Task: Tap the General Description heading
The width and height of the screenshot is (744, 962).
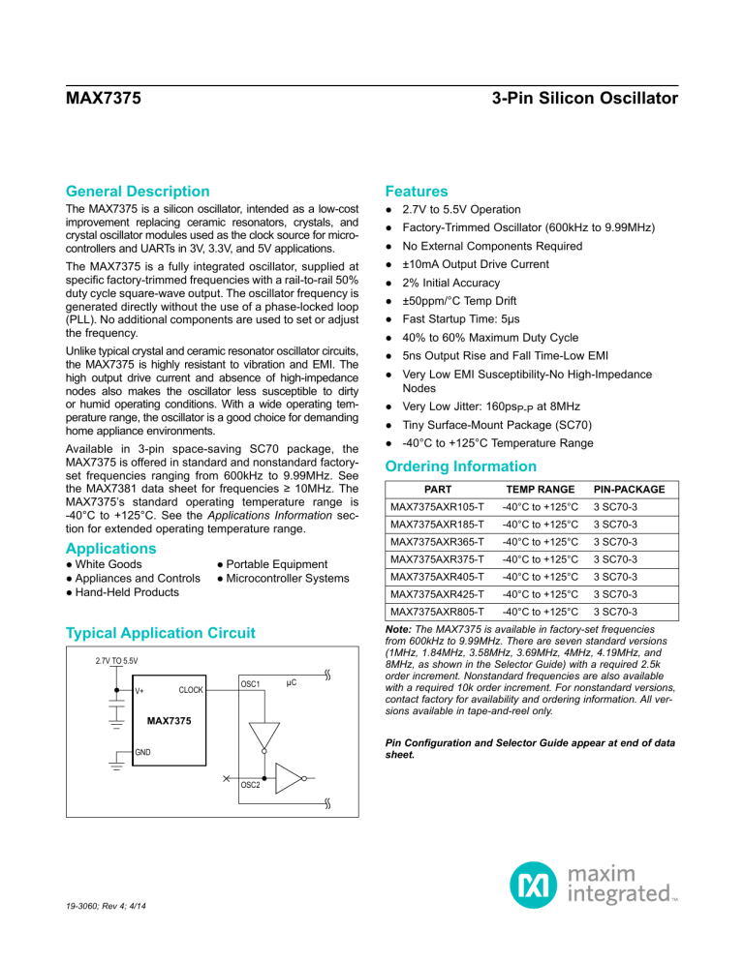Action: [138, 192]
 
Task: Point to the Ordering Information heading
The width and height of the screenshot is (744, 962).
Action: [460, 466]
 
